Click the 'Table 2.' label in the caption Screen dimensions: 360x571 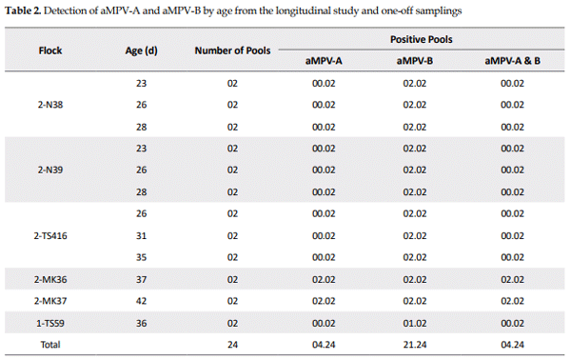point(28,10)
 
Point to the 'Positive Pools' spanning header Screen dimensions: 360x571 point(421,40)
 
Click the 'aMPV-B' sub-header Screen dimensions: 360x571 point(415,61)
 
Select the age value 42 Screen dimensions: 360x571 point(142,300)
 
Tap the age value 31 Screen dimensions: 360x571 point(142,235)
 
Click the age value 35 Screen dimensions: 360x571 point(142,257)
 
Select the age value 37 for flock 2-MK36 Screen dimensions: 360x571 point(142,279)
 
